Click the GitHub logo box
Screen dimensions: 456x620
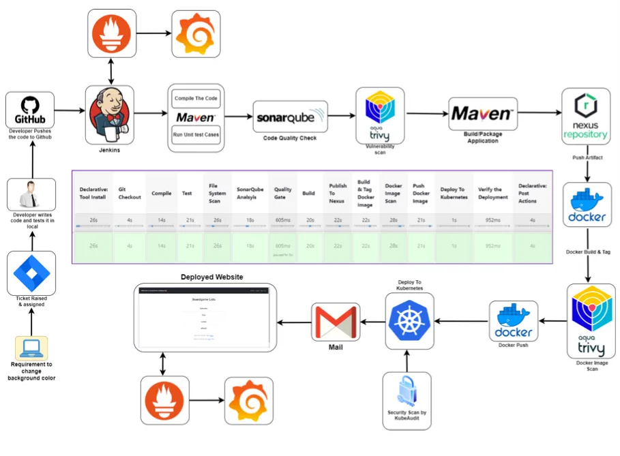pos(30,110)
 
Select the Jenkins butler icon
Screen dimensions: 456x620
pos(109,113)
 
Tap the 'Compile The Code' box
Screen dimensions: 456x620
pos(196,98)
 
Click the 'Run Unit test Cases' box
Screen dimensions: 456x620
pos(196,134)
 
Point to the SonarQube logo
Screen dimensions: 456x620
pos(290,117)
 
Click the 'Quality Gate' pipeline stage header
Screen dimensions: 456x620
pos(283,194)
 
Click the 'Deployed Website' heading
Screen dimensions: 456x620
pos(211,277)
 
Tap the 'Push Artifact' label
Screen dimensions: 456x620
pos(587,157)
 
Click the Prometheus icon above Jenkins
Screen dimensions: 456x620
pos(110,34)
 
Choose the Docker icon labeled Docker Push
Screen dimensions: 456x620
pos(513,321)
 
